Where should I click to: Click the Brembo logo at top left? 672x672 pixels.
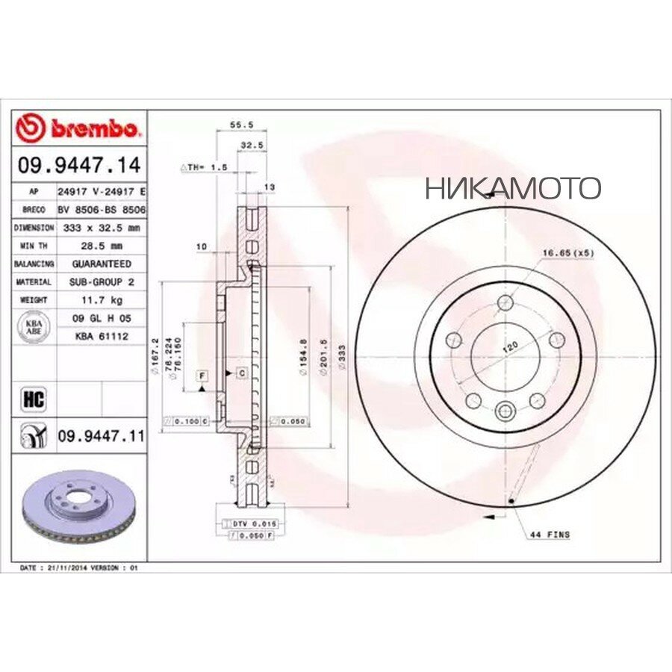point(78,129)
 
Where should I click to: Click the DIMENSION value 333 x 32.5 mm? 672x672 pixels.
point(102,228)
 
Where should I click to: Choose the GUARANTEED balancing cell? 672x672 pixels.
point(102,264)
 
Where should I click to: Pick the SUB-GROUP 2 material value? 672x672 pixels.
point(102,282)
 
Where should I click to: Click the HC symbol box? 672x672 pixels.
point(35,399)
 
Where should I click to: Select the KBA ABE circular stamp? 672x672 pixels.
point(35,327)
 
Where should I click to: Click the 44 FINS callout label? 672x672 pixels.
point(550,535)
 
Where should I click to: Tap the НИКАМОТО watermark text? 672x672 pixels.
point(513,188)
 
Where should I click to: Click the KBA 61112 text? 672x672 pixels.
point(102,337)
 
